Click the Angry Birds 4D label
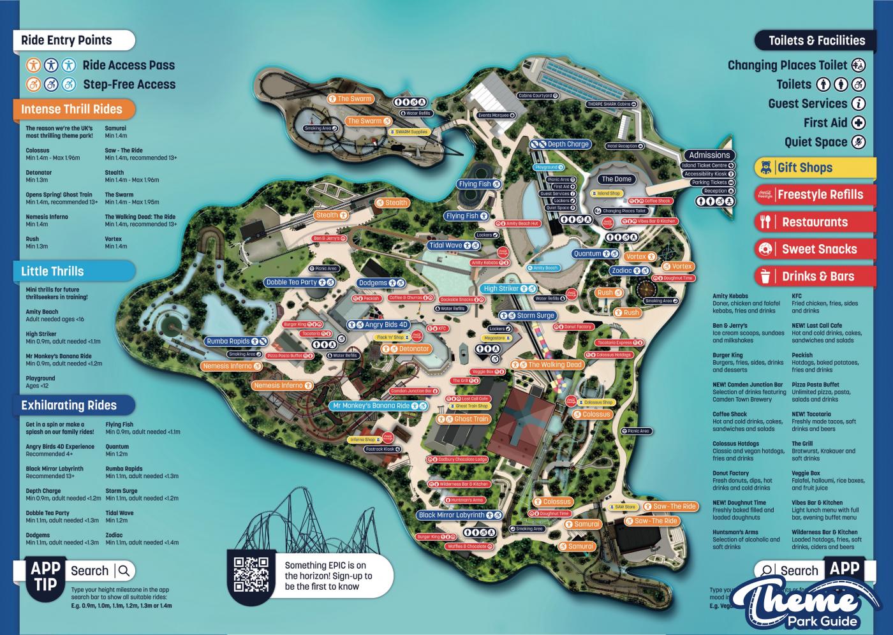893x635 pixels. click(386, 325)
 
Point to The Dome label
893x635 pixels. click(616, 179)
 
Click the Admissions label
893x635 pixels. click(709, 155)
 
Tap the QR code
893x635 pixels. click(251, 574)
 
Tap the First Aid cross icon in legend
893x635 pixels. click(859, 123)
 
